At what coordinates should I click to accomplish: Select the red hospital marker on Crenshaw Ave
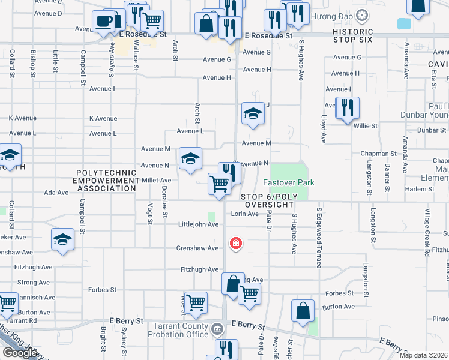(236, 244)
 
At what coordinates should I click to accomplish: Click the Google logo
(19, 353)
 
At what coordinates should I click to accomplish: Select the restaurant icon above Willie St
(347, 107)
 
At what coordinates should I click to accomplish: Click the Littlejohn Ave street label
(198, 224)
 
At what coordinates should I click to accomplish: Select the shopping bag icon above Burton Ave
(303, 310)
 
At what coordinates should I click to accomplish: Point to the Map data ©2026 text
(423, 355)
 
